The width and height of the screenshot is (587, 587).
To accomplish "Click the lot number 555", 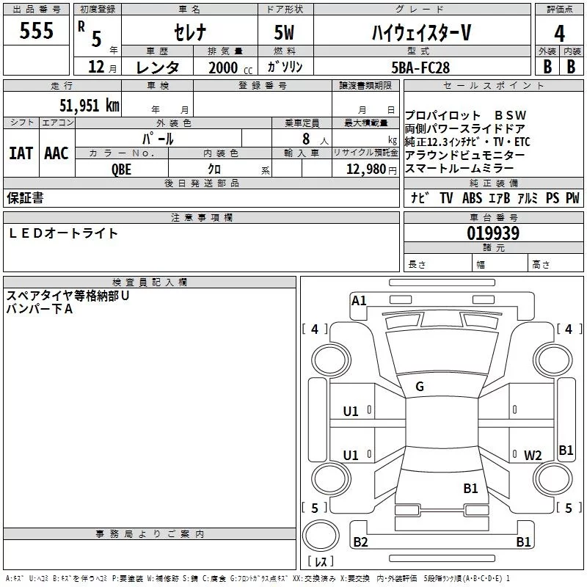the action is point(37,30).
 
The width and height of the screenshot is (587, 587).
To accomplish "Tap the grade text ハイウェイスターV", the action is point(420,32).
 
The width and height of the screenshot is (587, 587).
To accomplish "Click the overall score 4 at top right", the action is point(559,33).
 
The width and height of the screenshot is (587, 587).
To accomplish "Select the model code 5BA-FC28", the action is point(420,68).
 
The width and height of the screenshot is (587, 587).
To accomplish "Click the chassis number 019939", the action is point(493,234).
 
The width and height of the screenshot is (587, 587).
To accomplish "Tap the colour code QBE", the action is point(122,168).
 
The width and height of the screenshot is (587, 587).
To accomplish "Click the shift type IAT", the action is point(21,153).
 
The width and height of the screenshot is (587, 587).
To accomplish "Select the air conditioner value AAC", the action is point(56,153).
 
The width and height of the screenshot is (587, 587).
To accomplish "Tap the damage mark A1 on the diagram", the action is point(359,300).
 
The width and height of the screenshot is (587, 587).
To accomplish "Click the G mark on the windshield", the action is point(420,387).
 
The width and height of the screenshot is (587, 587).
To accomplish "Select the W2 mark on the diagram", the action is point(533,455).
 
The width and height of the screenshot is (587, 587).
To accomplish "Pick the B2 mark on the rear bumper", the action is point(360,542).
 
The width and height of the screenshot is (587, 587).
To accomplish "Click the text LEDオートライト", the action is point(63,233).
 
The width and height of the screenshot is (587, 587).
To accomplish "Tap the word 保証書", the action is point(25,197).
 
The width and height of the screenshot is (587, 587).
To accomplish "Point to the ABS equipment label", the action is point(473,198).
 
